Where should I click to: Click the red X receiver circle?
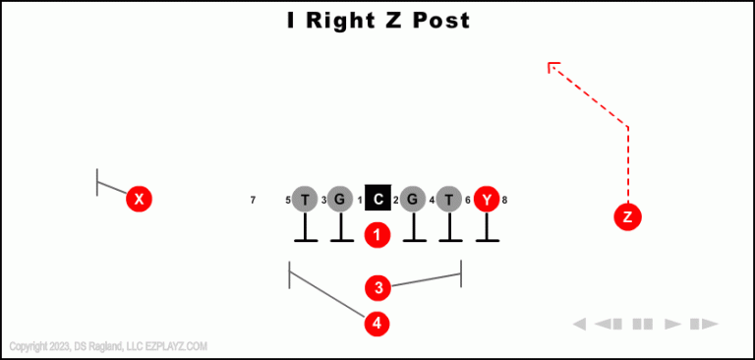click(140, 200)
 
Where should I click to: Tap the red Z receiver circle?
click(627, 217)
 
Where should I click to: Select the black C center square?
click(378, 199)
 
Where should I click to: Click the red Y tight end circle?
click(487, 200)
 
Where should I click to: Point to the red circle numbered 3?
click(378, 288)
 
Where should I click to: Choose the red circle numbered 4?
click(378, 323)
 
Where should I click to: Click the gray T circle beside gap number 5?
click(305, 200)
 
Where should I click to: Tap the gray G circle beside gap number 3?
click(340, 200)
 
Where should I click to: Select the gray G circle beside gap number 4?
click(414, 200)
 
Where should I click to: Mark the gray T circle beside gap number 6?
click(449, 200)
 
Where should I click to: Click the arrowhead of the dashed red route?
click(552, 67)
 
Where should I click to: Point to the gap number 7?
click(253, 201)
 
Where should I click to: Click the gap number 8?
click(504, 201)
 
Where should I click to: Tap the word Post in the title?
click(436, 20)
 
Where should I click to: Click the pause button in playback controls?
click(643, 324)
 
